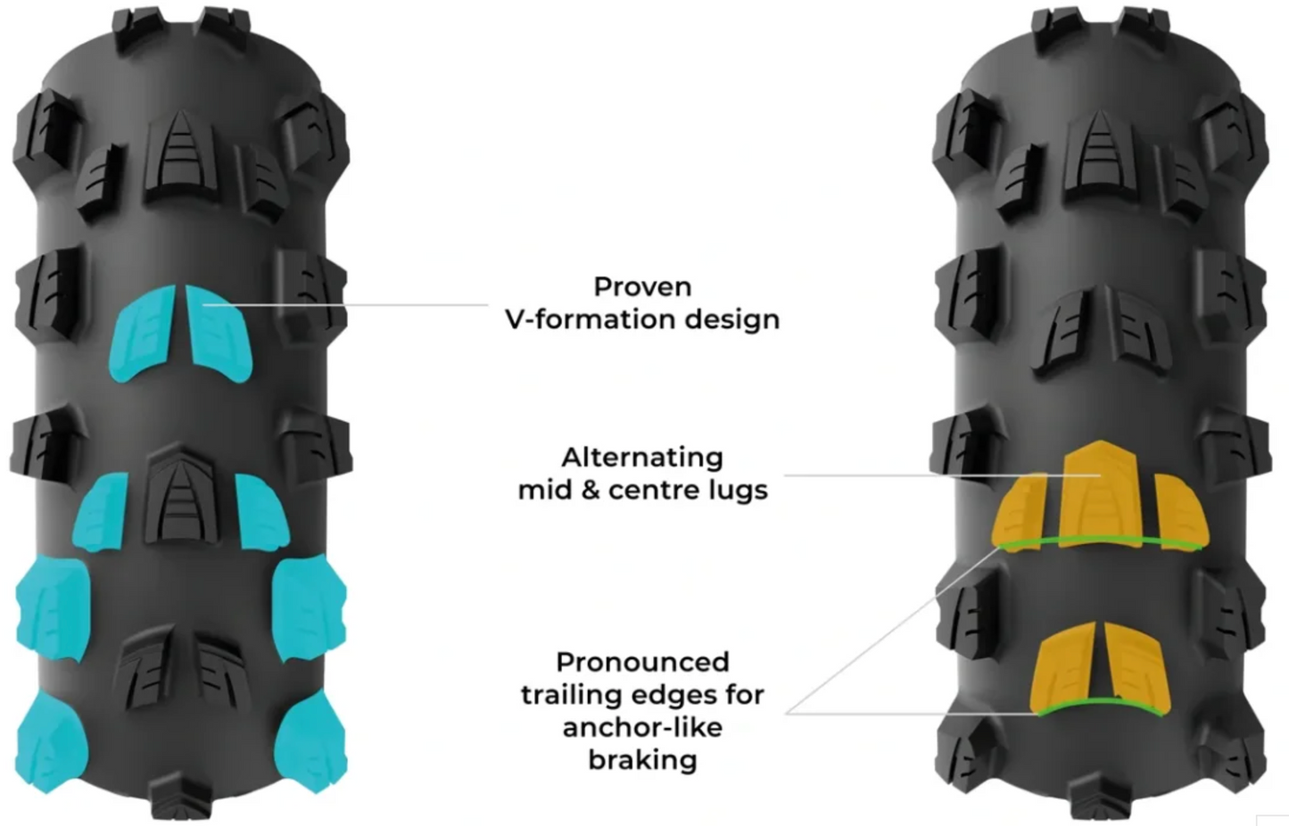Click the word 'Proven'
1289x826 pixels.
click(642, 286)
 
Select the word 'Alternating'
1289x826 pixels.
click(642, 458)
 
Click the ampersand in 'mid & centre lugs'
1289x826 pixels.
click(590, 491)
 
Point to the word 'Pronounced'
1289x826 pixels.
click(642, 662)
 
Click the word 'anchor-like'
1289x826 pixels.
click(642, 728)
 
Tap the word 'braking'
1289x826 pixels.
click(642, 760)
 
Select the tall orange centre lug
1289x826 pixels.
click(1100, 495)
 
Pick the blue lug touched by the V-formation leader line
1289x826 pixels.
click(219, 333)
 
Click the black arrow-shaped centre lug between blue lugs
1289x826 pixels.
click(181, 495)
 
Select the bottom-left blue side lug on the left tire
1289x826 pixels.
click(51, 742)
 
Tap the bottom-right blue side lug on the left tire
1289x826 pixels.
click(311, 742)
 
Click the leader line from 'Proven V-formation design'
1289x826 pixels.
click(345, 304)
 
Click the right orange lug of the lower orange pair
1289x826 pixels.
click(1136, 668)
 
